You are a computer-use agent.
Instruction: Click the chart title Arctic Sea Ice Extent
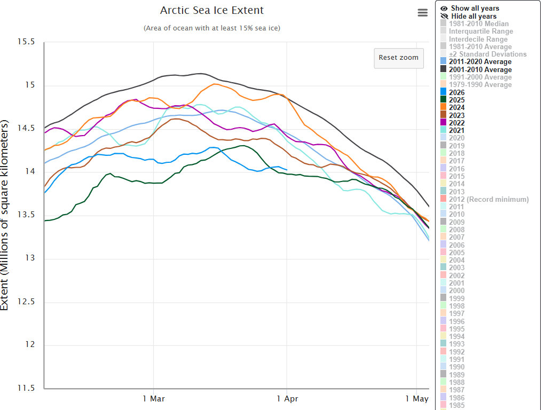point(212,11)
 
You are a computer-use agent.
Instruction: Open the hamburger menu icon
point(423,13)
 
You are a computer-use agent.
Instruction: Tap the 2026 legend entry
point(456,92)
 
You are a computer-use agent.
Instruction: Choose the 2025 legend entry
point(456,100)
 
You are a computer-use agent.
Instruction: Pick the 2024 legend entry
point(456,107)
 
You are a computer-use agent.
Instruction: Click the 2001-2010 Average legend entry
point(480,69)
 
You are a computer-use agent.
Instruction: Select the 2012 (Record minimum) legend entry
point(488,199)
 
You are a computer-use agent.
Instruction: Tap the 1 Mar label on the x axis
point(154,399)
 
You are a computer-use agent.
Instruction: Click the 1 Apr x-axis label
point(287,399)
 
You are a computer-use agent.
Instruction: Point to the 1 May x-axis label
point(416,399)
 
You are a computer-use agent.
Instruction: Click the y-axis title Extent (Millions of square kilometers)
point(5,215)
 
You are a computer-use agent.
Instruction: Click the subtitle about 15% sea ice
point(212,28)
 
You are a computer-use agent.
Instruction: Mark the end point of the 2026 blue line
point(287,170)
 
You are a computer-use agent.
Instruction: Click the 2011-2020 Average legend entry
point(480,62)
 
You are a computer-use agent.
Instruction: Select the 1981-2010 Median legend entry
point(479,23)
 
